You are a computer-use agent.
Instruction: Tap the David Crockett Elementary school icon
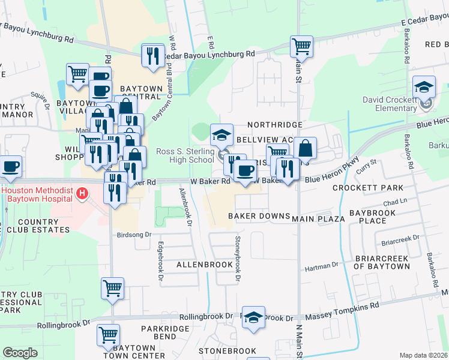coord(424,87)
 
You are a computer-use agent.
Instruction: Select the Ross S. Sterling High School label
coord(185,155)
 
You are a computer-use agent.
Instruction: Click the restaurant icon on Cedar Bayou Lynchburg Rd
coord(152,56)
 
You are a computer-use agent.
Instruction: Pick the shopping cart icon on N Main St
coord(301,46)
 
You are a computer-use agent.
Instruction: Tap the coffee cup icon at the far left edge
coord(11,167)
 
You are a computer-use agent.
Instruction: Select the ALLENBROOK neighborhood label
coord(204,264)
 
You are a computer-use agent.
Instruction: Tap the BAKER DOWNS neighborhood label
coord(259,216)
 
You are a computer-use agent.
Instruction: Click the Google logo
coord(20,353)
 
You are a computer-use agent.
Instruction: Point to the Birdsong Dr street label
coord(135,235)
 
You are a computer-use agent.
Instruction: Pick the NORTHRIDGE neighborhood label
coord(274,124)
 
